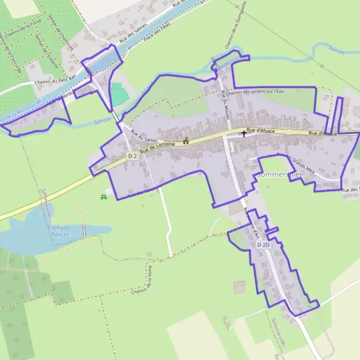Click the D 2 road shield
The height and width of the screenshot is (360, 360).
[133, 155]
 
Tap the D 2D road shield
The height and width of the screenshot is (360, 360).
[263, 245]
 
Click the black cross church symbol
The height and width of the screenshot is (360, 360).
[244, 133]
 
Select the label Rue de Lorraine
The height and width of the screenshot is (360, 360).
[157, 147]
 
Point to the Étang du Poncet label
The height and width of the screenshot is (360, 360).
[59, 230]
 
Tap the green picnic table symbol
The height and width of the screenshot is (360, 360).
[104, 196]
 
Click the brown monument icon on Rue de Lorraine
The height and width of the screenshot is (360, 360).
[185, 142]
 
